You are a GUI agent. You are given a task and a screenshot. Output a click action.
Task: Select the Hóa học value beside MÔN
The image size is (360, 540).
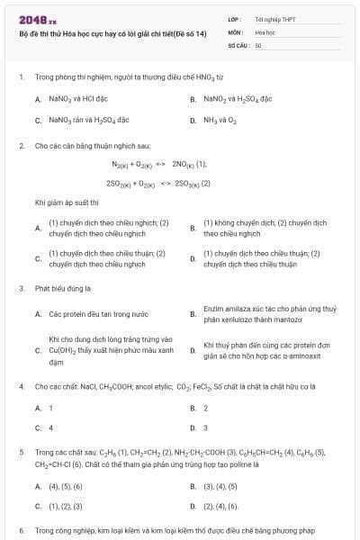pos(262,31)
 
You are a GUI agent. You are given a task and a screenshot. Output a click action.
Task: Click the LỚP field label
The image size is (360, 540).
pos(234,18)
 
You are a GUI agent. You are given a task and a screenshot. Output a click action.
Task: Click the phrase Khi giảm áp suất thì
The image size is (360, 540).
pos(65,203)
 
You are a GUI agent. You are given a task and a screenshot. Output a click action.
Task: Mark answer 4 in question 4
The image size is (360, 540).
pos(51,427)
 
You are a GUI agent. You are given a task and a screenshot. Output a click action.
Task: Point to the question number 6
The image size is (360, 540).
pos(21,532)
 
